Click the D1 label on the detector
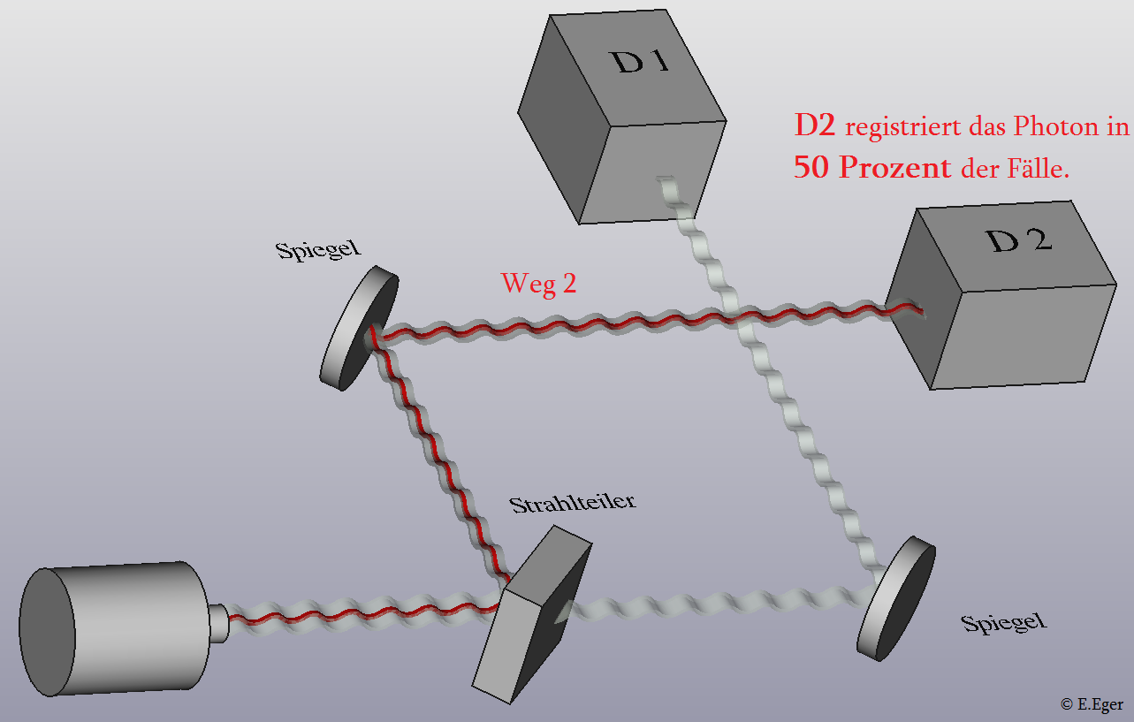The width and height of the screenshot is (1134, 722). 641,61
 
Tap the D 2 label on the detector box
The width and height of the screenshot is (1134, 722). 1019,240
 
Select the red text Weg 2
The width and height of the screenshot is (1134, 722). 538,284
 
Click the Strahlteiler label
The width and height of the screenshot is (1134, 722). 572,503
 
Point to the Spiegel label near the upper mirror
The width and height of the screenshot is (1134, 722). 318,249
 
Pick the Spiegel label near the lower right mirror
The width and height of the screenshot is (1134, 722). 1003,623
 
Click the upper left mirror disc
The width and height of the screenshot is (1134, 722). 359,328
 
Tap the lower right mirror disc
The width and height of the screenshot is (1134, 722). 896,598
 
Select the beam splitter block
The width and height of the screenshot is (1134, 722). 531,615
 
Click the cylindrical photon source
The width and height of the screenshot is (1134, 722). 114,628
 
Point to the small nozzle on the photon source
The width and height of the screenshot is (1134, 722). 219,624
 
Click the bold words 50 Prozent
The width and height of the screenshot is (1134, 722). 872,166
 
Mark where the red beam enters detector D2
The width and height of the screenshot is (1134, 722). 920,310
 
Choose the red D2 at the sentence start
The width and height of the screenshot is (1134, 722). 815,125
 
